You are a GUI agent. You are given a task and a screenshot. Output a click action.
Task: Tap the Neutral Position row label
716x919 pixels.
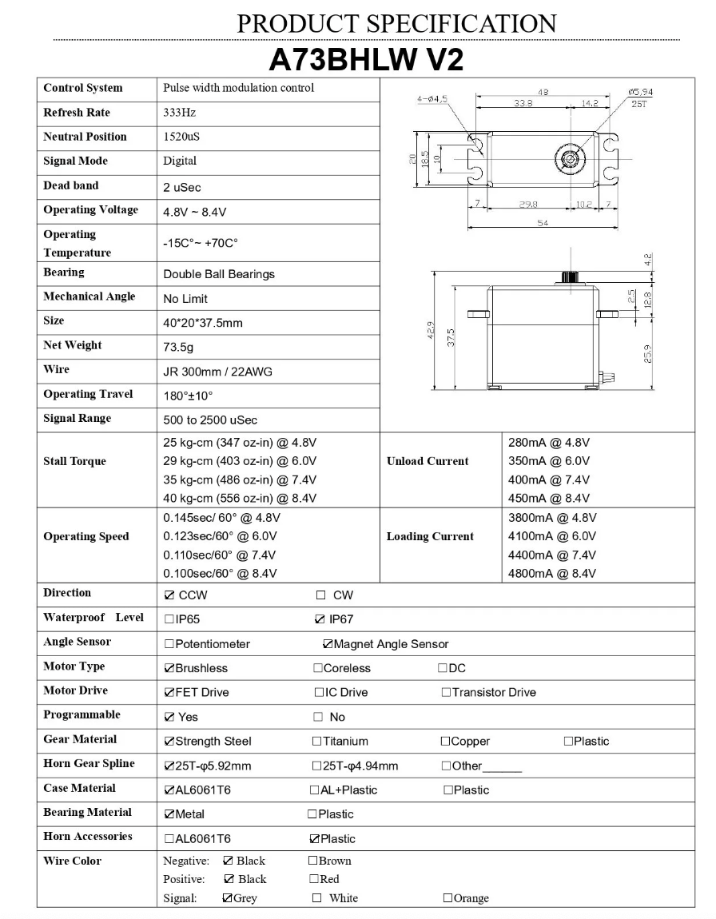point(85,137)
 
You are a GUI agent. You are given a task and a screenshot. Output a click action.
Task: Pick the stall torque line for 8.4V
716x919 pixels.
point(240,499)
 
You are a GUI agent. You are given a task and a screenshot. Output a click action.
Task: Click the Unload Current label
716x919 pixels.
point(428,461)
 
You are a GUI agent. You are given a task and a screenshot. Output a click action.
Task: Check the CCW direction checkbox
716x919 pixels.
point(169,595)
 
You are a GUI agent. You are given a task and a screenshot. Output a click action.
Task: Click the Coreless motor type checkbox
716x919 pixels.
point(318,668)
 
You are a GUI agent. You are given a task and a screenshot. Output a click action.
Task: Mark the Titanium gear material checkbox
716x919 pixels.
point(317,742)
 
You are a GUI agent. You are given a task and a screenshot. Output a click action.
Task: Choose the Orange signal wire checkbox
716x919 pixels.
point(447,898)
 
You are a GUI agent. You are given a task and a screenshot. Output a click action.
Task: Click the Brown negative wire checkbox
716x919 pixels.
point(312,861)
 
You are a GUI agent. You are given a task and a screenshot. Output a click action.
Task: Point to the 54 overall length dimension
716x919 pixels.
point(542,225)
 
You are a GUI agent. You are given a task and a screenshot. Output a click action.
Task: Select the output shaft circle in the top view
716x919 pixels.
point(570,157)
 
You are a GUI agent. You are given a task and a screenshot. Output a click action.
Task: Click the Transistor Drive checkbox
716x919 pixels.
point(446,693)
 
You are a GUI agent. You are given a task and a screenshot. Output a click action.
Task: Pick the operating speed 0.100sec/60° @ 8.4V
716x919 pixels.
point(220,574)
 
